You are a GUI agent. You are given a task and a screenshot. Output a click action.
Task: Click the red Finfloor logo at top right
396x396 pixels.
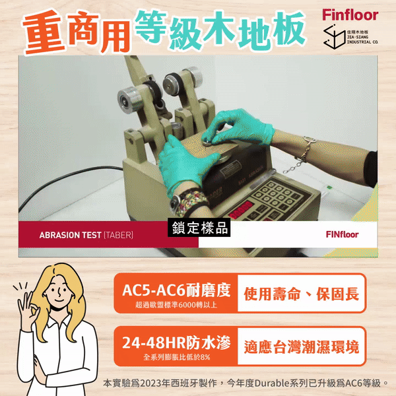(350, 15)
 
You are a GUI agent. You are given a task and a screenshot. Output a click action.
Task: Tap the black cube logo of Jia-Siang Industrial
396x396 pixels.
(335, 36)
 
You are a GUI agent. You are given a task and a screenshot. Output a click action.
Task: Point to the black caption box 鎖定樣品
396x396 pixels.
(199, 228)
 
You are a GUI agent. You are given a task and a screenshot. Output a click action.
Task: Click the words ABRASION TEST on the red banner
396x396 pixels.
(70, 235)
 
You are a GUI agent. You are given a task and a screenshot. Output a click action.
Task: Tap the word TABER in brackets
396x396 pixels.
(118, 235)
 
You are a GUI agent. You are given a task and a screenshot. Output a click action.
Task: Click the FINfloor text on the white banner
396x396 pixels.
(342, 234)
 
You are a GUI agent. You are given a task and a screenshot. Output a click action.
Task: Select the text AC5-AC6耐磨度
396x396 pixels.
(176, 290)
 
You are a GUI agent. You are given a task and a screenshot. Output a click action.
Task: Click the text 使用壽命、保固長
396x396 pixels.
(302, 294)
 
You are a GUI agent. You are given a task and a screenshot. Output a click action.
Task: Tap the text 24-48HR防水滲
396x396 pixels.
(176, 343)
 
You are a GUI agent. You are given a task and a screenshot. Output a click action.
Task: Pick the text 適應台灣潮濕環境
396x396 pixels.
(302, 347)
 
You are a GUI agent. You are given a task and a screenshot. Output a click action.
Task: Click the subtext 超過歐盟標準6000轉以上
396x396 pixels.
(176, 305)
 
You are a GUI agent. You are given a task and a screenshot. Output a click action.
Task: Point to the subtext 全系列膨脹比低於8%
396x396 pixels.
(176, 357)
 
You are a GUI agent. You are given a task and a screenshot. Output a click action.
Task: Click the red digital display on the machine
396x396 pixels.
(241, 209)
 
